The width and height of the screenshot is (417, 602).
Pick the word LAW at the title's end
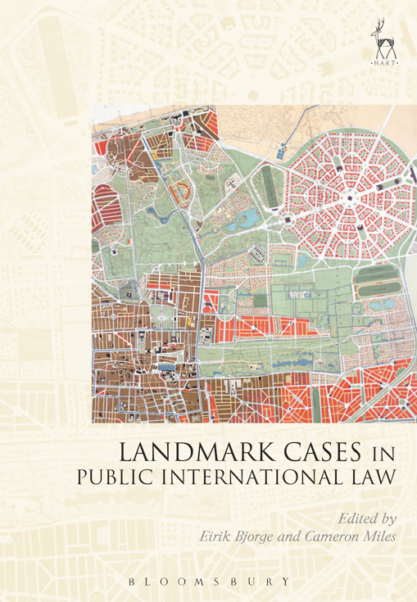pos(376,478)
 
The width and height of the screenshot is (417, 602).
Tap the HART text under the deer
pos(379,61)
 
